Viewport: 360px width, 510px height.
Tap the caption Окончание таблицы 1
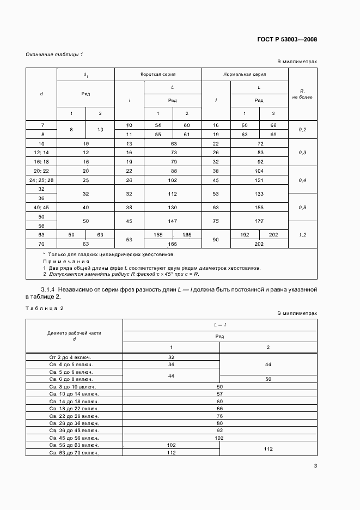coord(54,54)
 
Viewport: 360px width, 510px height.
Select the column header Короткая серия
coord(158,74)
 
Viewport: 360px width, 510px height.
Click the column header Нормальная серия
coord(245,74)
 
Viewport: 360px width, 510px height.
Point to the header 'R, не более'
coord(302,94)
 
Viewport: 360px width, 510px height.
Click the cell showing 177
coord(259,221)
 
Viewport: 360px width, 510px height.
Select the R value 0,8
coord(302,207)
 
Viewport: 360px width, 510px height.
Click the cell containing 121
coord(259,180)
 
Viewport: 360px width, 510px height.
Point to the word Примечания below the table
coord(63,261)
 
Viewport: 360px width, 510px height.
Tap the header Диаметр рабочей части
coord(74,332)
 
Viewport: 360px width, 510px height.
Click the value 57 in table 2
coord(220,393)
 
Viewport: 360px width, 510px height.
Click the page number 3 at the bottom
coord(315,465)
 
